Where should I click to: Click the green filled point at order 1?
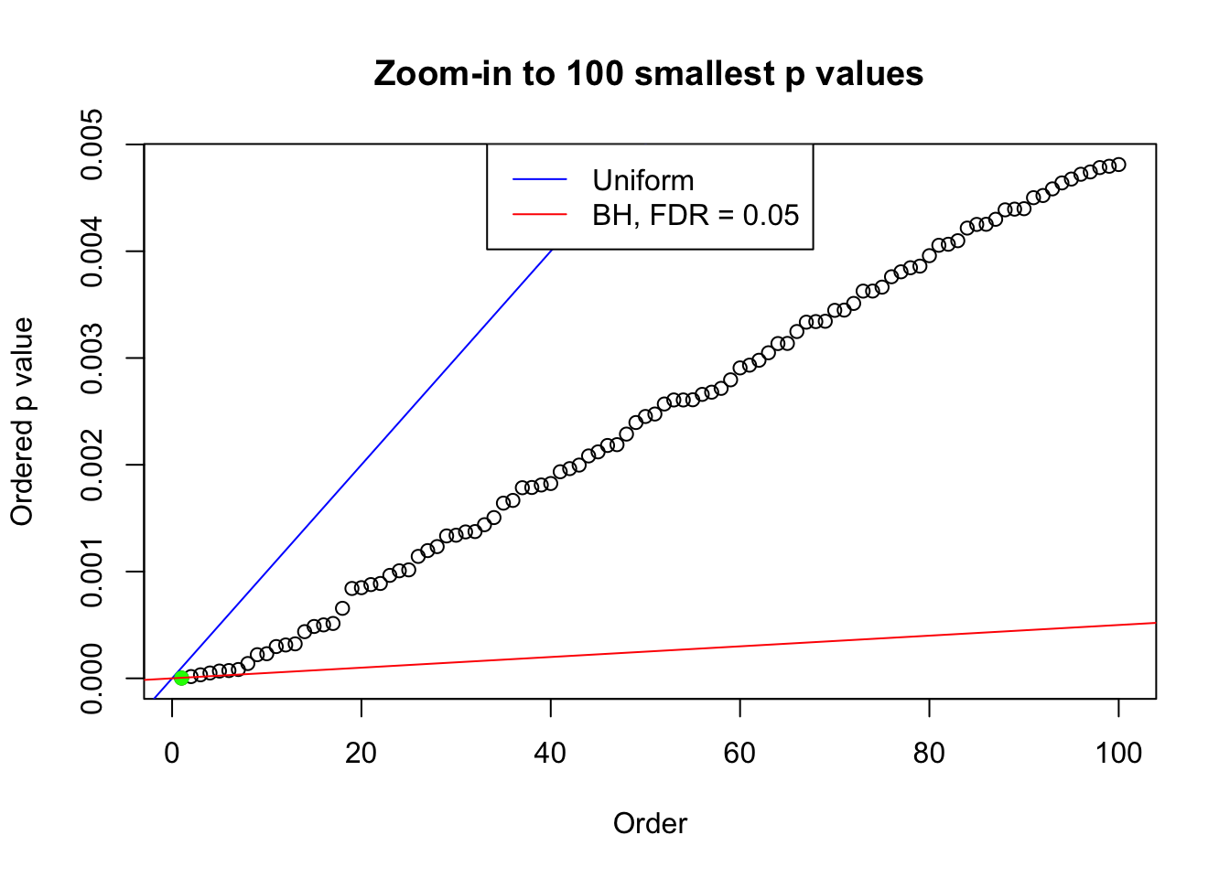(x=181, y=678)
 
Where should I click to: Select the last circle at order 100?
(x=1118, y=165)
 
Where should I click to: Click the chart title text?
(x=649, y=74)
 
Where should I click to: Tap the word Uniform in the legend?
(x=642, y=180)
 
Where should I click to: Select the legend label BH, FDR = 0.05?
(x=696, y=215)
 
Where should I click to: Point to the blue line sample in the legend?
(x=540, y=180)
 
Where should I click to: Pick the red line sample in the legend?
(x=540, y=215)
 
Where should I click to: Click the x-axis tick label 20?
(x=361, y=753)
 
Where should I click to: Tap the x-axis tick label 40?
(x=550, y=753)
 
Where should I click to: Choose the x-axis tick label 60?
(x=739, y=753)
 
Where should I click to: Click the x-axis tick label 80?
(x=929, y=753)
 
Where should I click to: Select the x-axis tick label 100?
(x=1118, y=753)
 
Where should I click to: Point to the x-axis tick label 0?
(x=172, y=753)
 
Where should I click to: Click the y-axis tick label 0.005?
(x=92, y=145)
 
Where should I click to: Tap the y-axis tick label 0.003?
(x=92, y=359)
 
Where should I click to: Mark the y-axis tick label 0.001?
(x=92, y=572)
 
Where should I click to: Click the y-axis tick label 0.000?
(x=92, y=679)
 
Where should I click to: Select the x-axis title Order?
(x=650, y=824)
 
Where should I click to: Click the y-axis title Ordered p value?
(x=22, y=422)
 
